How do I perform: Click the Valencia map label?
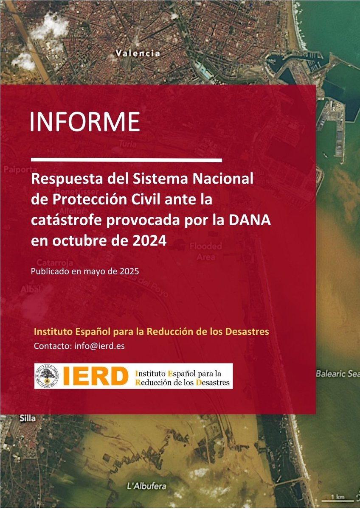[138, 54]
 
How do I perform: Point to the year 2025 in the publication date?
[129, 271]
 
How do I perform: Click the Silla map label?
[28, 418]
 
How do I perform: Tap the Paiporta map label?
[15, 170]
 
